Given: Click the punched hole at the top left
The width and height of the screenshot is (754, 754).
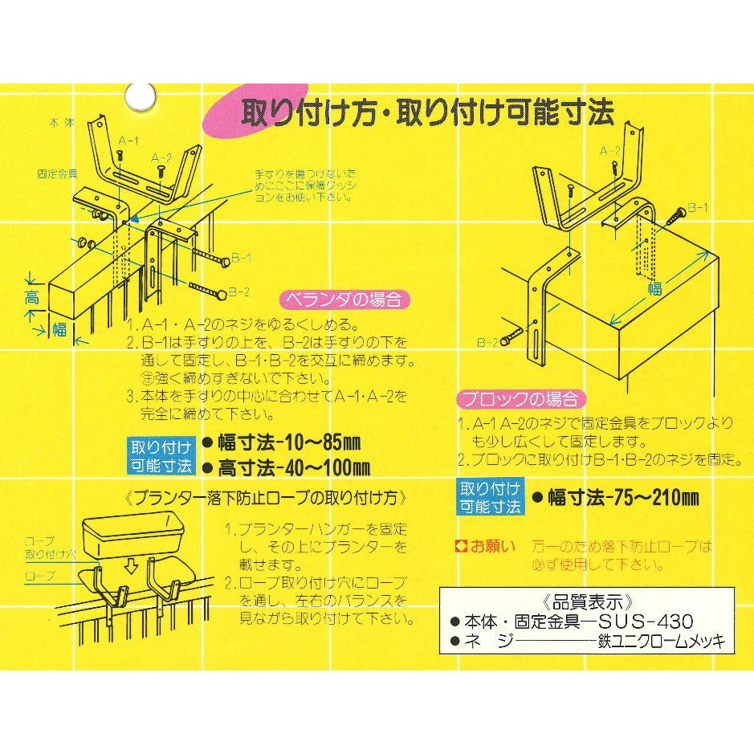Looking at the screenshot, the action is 141,96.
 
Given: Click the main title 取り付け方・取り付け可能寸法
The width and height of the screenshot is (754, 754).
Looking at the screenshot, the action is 427,113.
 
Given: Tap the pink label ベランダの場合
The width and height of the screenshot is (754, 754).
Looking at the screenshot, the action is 344,300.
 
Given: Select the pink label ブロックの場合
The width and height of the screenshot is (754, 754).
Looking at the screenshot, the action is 521,398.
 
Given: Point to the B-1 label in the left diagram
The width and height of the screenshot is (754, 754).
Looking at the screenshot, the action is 241,258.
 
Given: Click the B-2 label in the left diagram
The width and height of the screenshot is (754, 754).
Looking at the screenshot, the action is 238,292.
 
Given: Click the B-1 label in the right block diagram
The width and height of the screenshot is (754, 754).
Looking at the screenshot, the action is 697,207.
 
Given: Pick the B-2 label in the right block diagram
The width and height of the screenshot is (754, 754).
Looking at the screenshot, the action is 487,342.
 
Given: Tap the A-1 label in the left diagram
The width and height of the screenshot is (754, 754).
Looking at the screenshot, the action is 128,141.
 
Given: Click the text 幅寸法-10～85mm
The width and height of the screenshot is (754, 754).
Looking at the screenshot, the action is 288,443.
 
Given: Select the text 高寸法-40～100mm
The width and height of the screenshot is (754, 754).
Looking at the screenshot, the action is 294,467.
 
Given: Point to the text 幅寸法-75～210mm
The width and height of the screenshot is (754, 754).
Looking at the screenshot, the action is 623,498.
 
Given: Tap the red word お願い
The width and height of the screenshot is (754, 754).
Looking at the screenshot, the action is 492,546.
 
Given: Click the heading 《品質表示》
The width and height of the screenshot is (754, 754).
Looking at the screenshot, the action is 587,601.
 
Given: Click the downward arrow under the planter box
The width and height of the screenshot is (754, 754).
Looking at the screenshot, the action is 130,568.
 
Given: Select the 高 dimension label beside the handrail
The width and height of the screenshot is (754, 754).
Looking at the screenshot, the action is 32,298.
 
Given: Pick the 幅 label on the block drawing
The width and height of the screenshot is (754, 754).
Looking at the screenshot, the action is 655,288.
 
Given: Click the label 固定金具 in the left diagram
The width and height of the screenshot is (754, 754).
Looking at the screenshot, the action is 57,173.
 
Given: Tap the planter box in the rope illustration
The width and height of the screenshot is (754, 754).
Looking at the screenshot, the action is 132,535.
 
